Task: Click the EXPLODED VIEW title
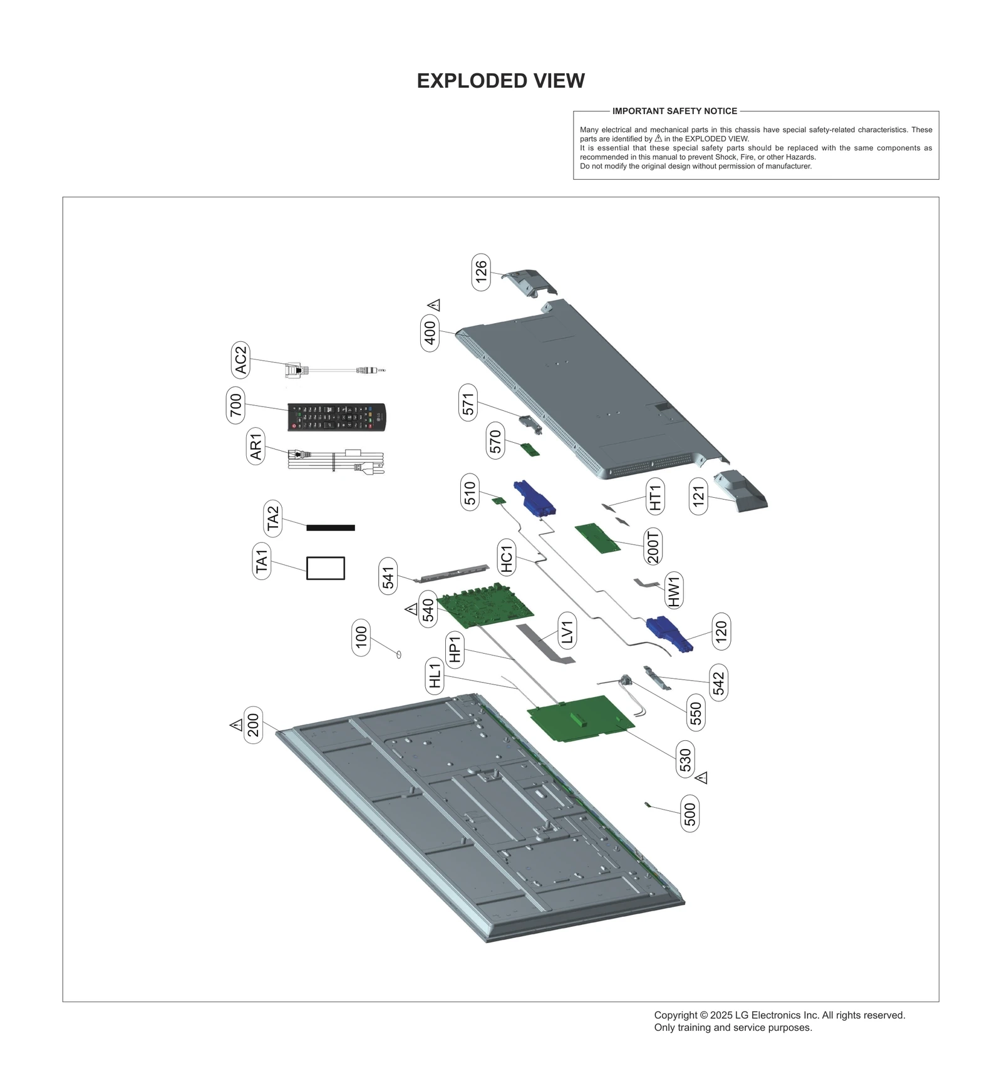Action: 500,81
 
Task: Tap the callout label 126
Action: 481,272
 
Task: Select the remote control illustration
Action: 337,416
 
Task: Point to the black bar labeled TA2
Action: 331,527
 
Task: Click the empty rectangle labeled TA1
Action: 325,568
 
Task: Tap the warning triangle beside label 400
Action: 434,305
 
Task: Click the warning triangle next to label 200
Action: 236,725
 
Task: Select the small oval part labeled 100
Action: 398,654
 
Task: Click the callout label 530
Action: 685,759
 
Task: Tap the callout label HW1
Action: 674,590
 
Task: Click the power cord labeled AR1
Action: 335,460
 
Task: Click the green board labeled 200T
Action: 597,538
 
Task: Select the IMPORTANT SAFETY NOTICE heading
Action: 674,111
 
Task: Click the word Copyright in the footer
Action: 674,1015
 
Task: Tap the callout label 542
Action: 718,682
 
